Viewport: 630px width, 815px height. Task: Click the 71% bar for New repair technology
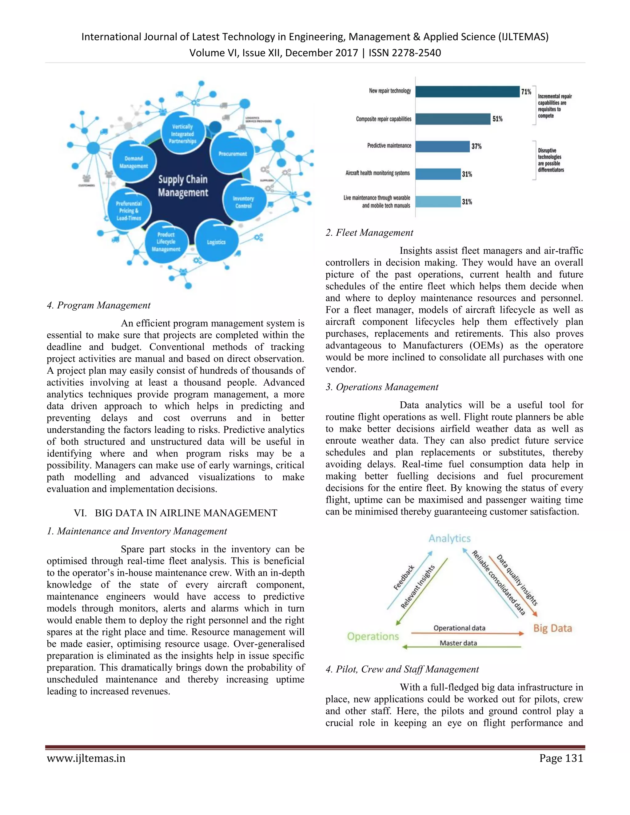tap(467, 91)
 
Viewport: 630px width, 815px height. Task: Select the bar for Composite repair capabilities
tap(453, 119)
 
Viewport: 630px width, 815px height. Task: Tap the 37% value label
tap(476, 146)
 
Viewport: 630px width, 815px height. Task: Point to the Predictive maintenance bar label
tap(389, 145)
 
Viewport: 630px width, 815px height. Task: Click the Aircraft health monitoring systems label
tap(377, 173)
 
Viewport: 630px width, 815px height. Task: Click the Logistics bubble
tap(217, 242)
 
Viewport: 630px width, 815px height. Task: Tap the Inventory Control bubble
tap(243, 202)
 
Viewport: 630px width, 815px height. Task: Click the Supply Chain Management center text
tap(183, 186)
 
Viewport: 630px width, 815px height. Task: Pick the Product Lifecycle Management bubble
tap(166, 242)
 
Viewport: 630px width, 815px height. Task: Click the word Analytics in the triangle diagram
tap(449, 539)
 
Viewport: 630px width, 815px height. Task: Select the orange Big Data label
tap(552, 628)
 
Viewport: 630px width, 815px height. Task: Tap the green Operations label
tap(373, 636)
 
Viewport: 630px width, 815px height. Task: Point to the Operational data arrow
tap(467, 633)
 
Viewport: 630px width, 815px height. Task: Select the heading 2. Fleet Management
tap(369, 233)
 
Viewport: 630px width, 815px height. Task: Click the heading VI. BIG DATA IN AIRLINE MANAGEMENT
tap(175, 513)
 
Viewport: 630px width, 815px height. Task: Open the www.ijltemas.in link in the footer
tap(86, 758)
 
